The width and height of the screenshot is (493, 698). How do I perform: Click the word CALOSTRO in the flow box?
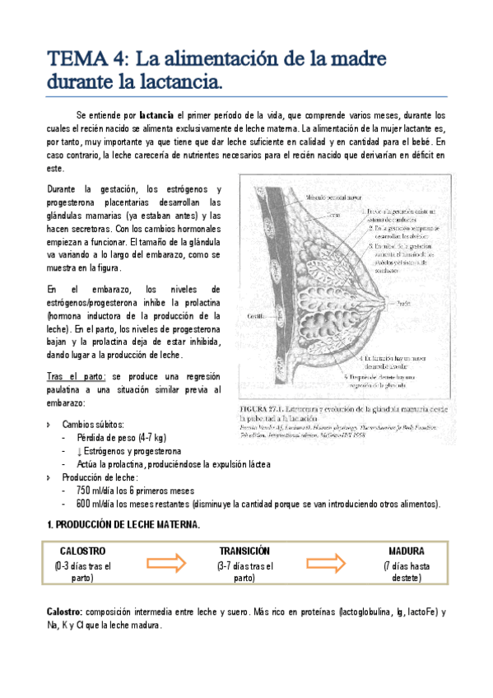coord(83,550)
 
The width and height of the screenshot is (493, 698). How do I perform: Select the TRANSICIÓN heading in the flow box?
coord(244,550)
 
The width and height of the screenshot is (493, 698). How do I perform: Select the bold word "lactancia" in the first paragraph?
coord(156,115)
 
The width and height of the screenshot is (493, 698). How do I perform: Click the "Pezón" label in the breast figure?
coord(403,303)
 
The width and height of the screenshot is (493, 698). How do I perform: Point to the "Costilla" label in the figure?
coord(256,314)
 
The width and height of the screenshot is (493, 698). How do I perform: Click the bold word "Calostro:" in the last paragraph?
coord(63,612)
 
